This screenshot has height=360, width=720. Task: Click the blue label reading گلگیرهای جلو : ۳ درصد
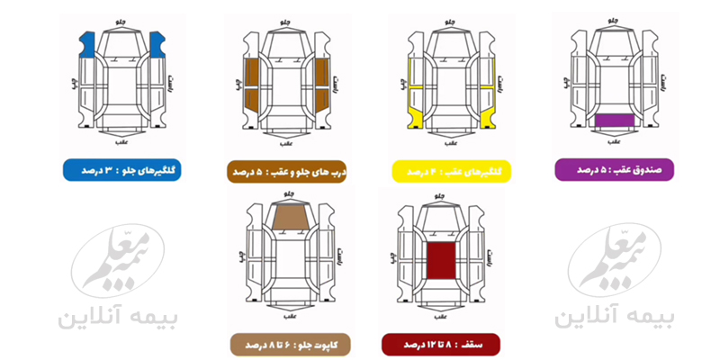(121, 170)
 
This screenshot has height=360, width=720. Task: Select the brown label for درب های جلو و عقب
(286, 170)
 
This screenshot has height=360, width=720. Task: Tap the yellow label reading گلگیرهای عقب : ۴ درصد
(451, 170)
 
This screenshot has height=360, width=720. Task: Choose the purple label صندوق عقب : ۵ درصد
(615, 169)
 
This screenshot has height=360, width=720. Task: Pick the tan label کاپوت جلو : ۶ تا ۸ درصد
(286, 345)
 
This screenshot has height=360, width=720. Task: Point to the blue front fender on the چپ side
(87, 42)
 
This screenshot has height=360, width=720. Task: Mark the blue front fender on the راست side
(157, 42)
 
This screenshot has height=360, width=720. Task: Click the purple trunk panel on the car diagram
(615, 119)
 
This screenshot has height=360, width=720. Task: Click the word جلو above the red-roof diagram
(441, 191)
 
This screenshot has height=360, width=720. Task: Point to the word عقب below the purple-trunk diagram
(614, 141)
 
